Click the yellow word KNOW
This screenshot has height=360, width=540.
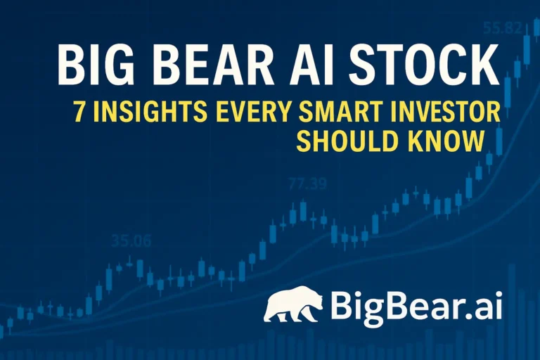point(444,141)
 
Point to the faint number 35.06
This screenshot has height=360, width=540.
point(131,241)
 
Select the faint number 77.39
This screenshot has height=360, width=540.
point(308,185)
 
